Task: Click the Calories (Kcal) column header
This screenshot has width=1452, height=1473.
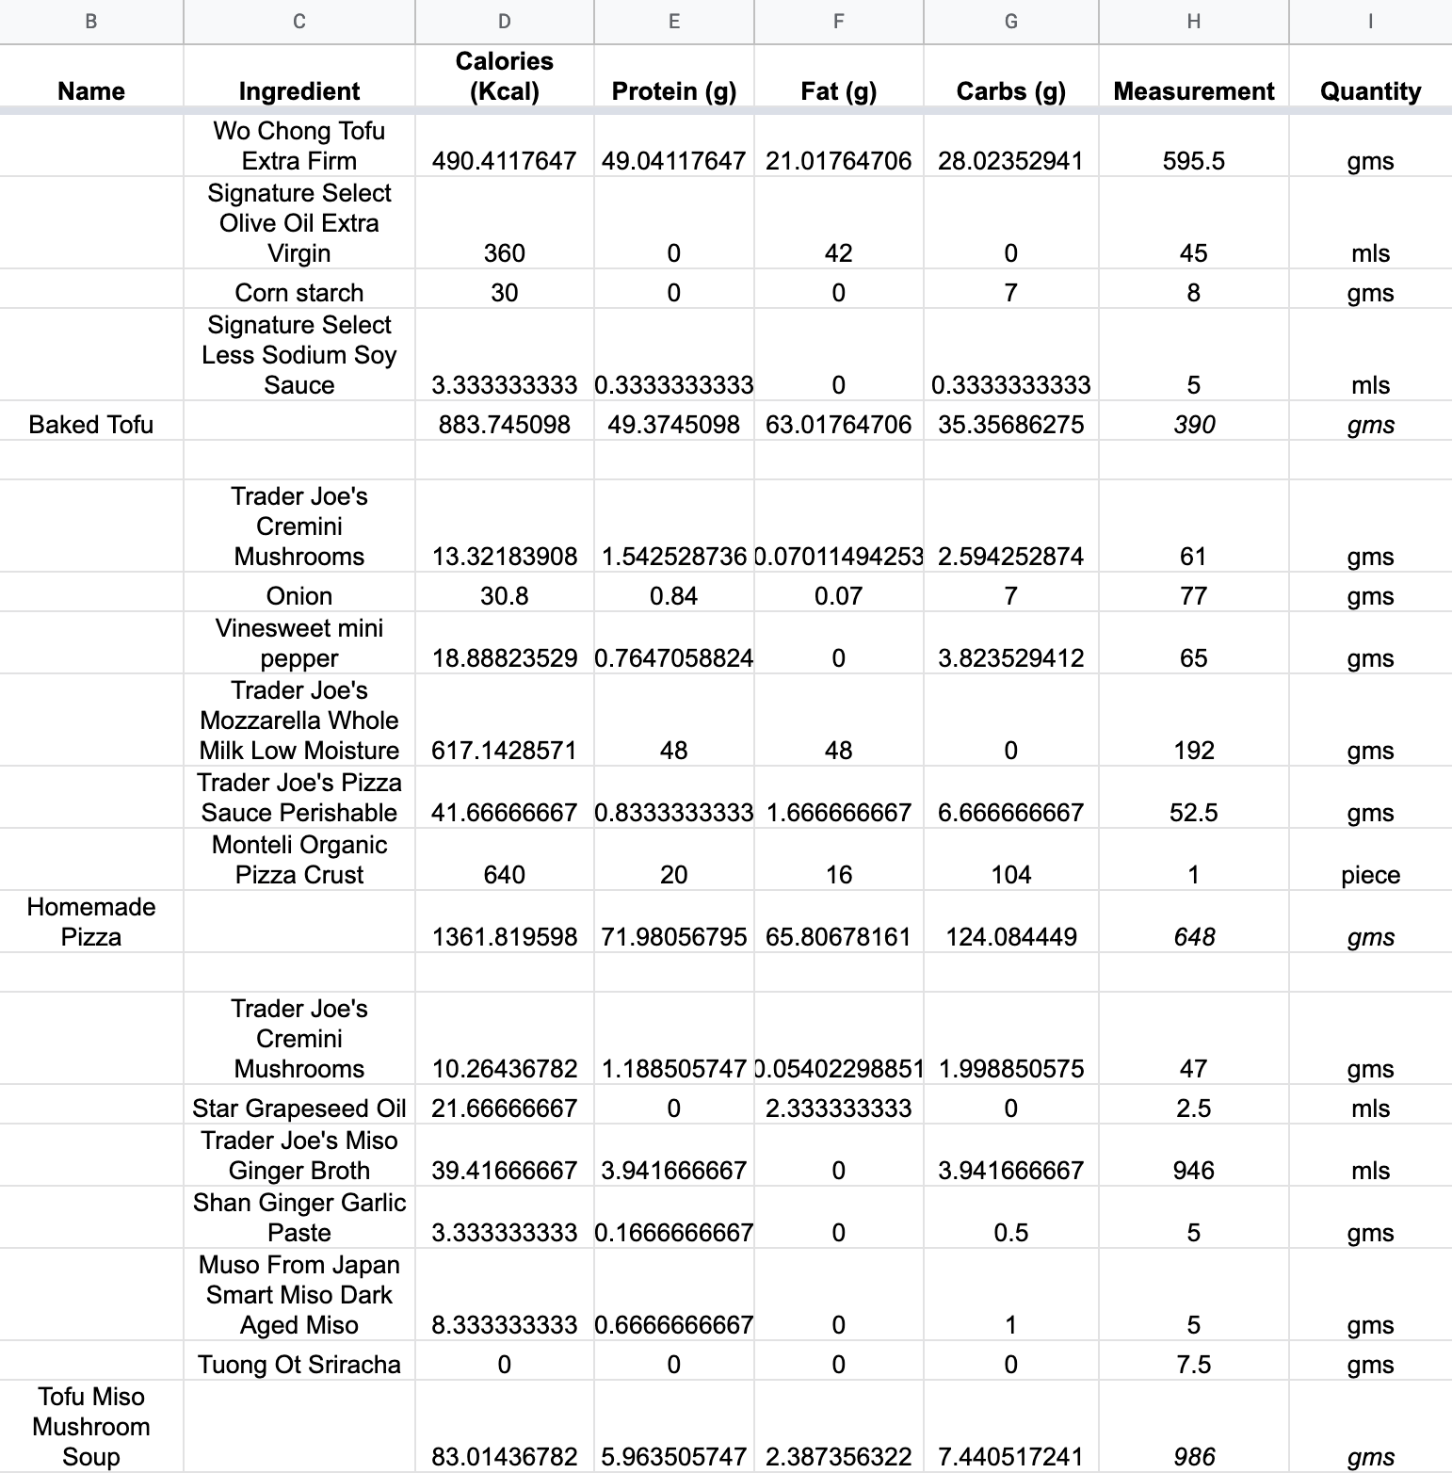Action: tap(504, 76)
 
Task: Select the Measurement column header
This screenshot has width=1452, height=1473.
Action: tap(1193, 91)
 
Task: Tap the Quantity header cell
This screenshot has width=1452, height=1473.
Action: tap(1370, 91)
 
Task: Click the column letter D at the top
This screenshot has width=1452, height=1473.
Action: tap(504, 21)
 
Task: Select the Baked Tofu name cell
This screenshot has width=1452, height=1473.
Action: tap(91, 425)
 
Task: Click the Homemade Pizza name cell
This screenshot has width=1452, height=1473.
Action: tap(91, 922)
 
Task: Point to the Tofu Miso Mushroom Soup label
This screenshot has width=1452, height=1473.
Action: tap(91, 1426)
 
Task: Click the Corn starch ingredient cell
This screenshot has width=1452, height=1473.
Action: tap(299, 293)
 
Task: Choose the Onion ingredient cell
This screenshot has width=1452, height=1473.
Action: tap(299, 596)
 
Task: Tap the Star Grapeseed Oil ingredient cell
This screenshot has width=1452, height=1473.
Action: tap(299, 1109)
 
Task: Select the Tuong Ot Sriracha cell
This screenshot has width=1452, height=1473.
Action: tap(299, 1365)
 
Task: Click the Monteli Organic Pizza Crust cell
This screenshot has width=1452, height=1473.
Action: tap(299, 860)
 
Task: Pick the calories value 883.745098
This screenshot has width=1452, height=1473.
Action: tap(504, 425)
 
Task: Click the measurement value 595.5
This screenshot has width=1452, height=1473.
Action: tap(1193, 161)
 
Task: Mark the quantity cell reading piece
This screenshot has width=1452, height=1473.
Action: tap(1370, 875)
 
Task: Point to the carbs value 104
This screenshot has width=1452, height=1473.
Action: tap(1010, 875)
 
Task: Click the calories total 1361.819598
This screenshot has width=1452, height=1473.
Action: tap(504, 937)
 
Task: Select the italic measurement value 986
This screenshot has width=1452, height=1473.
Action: tap(1193, 1457)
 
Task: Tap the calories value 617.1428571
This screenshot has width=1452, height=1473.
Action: tap(504, 751)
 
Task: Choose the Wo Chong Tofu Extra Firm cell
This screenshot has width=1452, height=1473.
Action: tap(299, 146)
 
